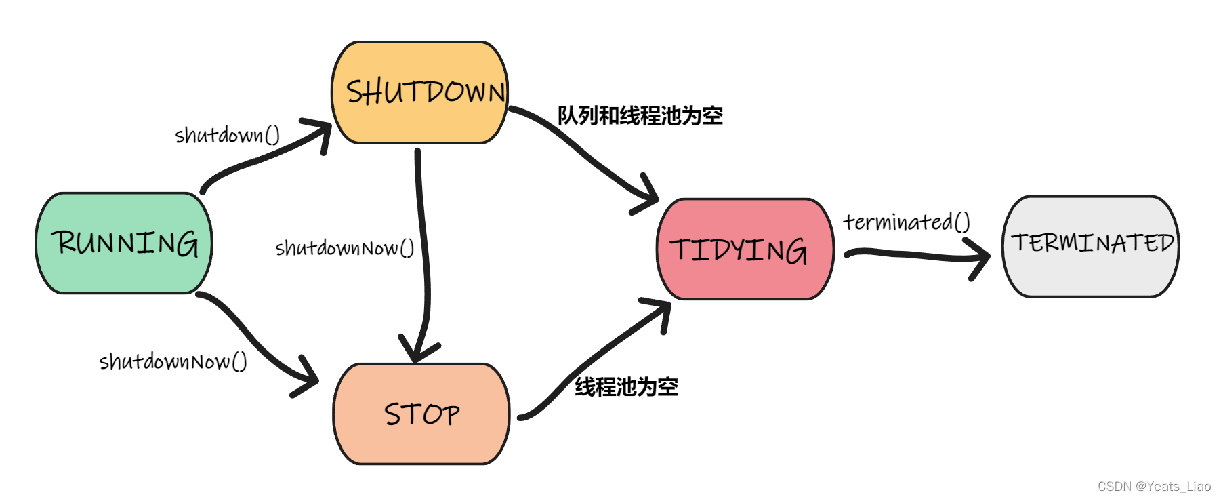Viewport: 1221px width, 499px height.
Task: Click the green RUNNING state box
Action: coord(124,243)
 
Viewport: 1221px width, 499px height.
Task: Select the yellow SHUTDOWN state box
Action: coord(420,92)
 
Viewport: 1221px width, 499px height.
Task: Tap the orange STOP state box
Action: coord(421,414)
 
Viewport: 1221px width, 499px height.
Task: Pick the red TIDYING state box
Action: coord(745,249)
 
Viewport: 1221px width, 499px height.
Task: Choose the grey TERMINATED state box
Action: coord(1090,246)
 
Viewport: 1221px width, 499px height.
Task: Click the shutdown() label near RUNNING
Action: coord(227,135)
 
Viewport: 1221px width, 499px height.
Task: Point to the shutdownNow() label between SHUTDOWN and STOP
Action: coord(344,248)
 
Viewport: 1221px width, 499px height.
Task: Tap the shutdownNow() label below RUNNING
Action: coord(173,361)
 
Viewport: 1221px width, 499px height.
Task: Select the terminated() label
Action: coord(906,222)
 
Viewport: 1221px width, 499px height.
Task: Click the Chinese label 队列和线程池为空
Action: coord(640,116)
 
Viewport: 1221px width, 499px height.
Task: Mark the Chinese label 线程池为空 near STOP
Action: coord(626,387)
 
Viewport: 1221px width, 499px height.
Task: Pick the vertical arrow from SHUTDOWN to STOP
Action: coord(423,251)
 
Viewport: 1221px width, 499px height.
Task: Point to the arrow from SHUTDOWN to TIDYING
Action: coord(583,156)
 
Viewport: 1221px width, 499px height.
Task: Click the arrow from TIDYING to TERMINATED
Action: coord(915,255)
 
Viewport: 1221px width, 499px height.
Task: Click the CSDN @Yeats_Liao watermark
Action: coord(1153,486)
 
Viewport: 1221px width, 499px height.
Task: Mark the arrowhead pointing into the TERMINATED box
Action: coord(980,258)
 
